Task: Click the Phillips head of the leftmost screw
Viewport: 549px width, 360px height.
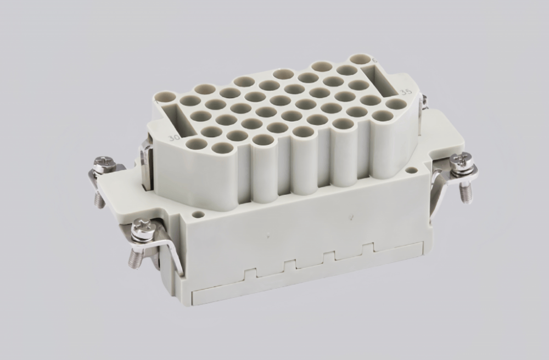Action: point(103,162)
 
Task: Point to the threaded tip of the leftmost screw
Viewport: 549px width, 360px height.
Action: point(99,201)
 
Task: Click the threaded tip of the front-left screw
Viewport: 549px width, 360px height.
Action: point(133,260)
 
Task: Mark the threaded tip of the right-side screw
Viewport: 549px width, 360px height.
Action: point(467,193)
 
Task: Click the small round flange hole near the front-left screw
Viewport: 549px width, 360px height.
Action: point(198,215)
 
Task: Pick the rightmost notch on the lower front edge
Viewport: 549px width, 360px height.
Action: point(367,248)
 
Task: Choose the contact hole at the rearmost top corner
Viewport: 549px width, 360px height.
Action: point(361,59)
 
